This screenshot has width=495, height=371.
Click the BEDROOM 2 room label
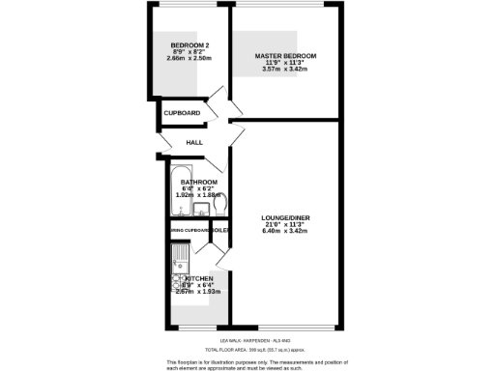click(190, 45)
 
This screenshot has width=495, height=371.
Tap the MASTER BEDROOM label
click(285, 56)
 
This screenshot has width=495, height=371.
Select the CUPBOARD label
click(182, 113)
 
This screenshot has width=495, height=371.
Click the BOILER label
click(220, 230)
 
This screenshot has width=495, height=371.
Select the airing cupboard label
click(190, 230)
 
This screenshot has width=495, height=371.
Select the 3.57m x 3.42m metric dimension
click(285, 71)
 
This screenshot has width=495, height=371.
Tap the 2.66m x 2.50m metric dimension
click(190, 60)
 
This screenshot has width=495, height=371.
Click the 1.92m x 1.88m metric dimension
click(198, 195)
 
